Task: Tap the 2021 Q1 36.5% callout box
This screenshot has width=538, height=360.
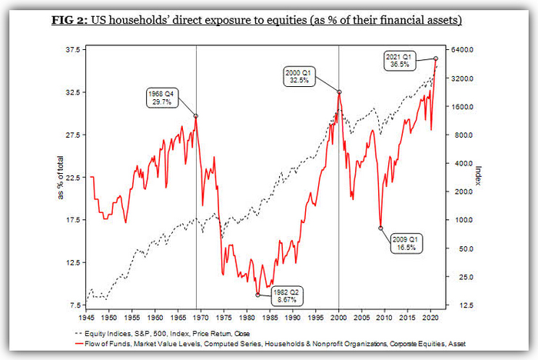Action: (x=399, y=61)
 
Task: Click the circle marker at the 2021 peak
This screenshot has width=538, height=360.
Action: (x=436, y=58)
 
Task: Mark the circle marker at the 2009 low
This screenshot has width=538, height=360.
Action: (x=380, y=228)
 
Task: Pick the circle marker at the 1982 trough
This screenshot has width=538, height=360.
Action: (x=257, y=295)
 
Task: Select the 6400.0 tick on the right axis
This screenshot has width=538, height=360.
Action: (x=463, y=50)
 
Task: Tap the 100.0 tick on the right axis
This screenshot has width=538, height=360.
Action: (x=461, y=220)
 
